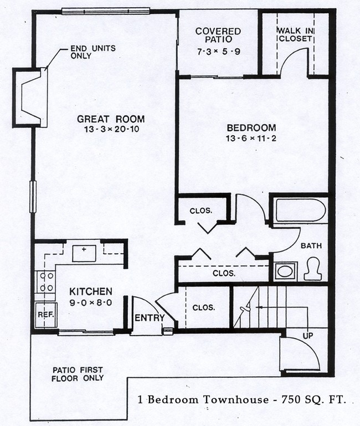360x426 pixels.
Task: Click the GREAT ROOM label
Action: (x=111, y=119)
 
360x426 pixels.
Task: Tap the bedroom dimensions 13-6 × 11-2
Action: (x=251, y=138)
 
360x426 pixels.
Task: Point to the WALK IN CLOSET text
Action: (x=295, y=34)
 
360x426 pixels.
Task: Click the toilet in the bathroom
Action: (x=313, y=270)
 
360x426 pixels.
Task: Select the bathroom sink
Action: (x=285, y=271)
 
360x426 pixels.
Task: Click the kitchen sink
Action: (x=84, y=253)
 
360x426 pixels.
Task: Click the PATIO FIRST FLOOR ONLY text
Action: (x=78, y=374)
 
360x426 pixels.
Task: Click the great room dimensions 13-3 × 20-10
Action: (x=111, y=129)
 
